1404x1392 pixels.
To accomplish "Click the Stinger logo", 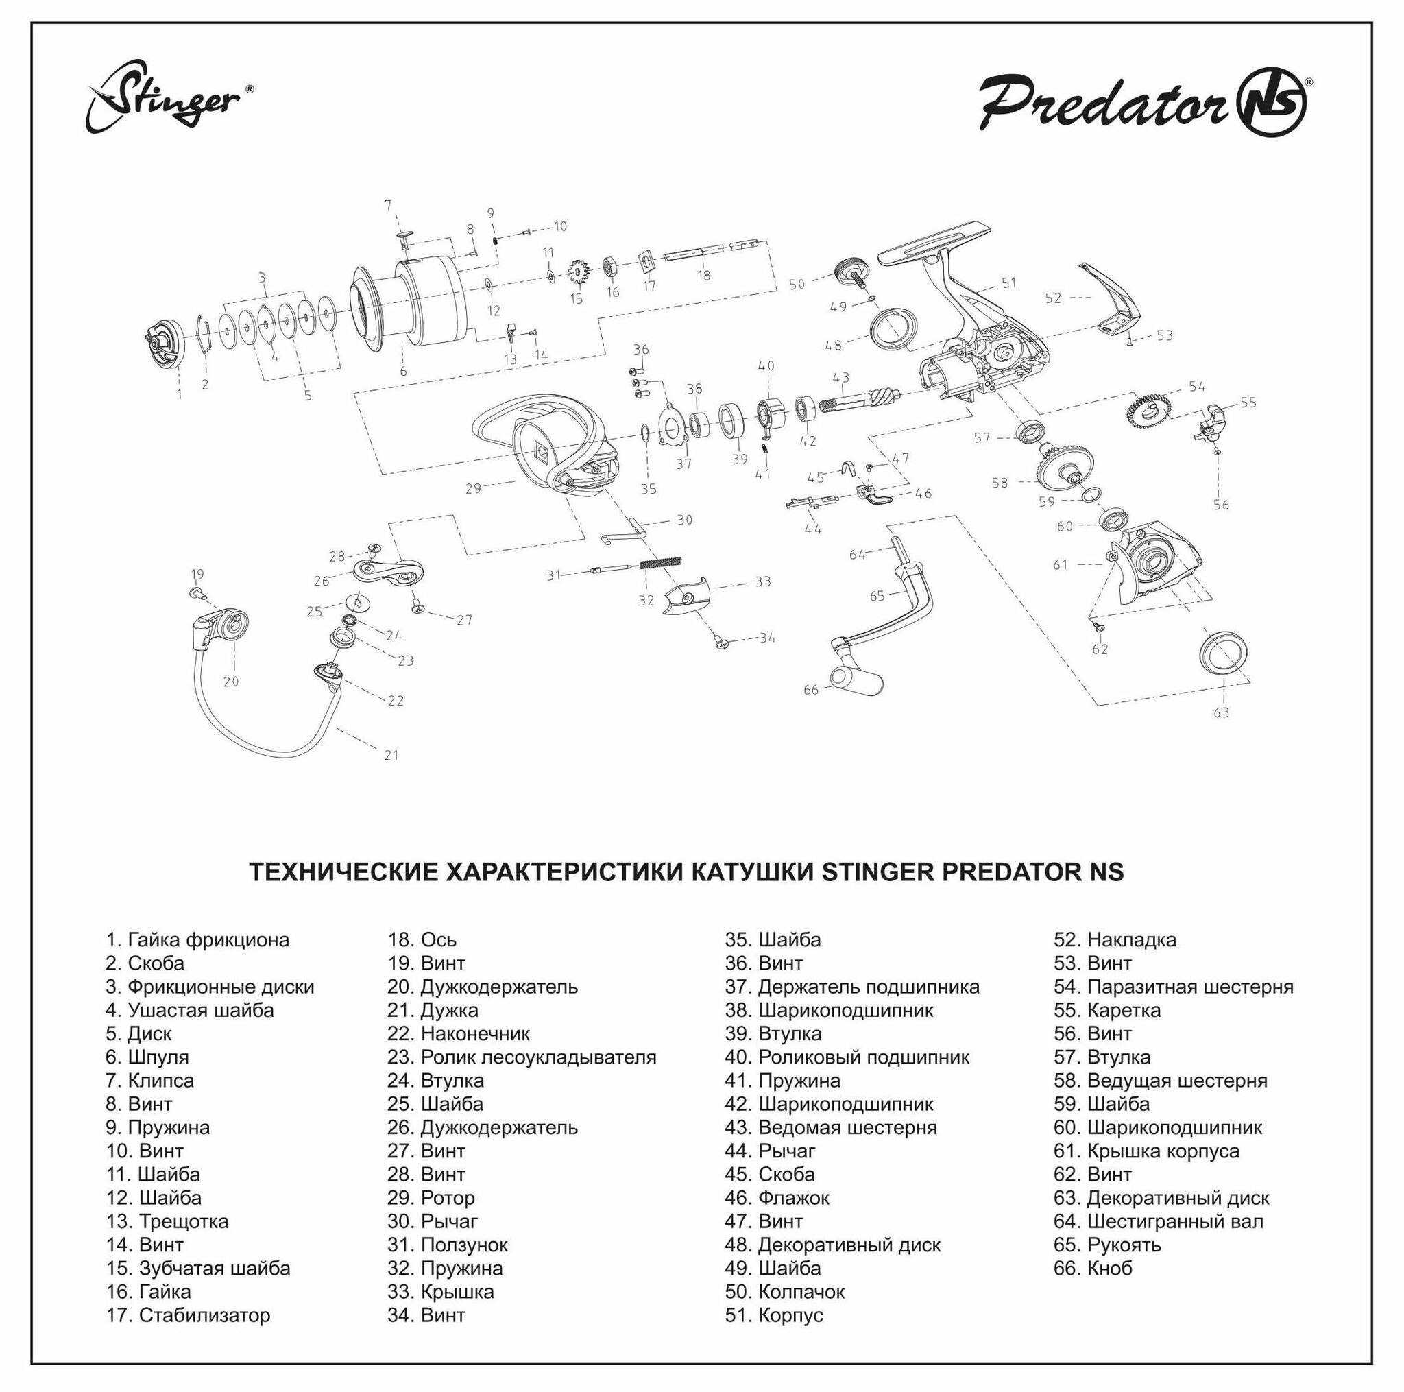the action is pos(169,98).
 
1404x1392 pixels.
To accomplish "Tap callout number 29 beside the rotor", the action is pos(473,488).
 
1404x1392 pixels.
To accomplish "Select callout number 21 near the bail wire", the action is pos(391,755).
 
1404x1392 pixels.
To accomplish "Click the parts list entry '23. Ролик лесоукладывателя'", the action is pos(522,1057).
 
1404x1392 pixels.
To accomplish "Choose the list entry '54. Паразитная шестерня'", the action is pos(1174,986).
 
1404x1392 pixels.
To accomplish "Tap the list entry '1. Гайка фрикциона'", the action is pos(197,939).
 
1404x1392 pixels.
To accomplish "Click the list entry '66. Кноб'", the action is pos(1093,1268).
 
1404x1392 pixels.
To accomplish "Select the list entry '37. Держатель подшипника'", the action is pos(851,986).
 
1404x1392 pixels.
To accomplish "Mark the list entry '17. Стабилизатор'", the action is pos(189,1315).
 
